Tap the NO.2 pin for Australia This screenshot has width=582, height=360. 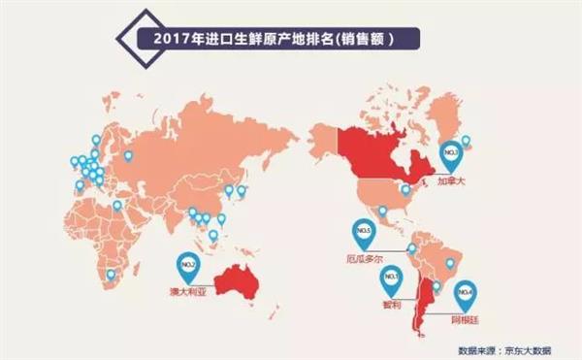pyautogui.click(x=188, y=263)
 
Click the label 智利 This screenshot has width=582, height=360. pyautogui.click(x=393, y=305)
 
